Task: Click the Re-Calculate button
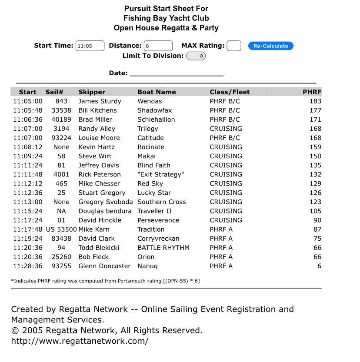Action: (x=270, y=46)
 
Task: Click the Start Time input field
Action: (x=90, y=46)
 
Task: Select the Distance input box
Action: (x=158, y=46)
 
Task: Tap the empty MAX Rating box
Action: (x=234, y=46)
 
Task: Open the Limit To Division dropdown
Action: (x=196, y=56)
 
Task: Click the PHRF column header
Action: (x=312, y=92)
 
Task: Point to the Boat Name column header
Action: (x=157, y=92)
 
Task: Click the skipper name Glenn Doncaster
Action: (x=104, y=266)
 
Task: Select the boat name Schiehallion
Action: (x=156, y=120)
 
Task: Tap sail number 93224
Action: (x=61, y=138)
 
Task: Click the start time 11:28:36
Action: (x=28, y=266)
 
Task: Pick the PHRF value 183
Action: (x=315, y=101)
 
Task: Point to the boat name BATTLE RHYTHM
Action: (x=163, y=248)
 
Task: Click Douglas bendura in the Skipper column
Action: (x=105, y=211)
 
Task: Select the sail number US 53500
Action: (x=61, y=229)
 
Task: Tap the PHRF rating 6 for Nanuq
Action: (x=319, y=266)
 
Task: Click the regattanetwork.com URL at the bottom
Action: (x=80, y=341)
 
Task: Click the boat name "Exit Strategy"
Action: (x=161, y=174)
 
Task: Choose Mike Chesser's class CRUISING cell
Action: (x=226, y=183)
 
